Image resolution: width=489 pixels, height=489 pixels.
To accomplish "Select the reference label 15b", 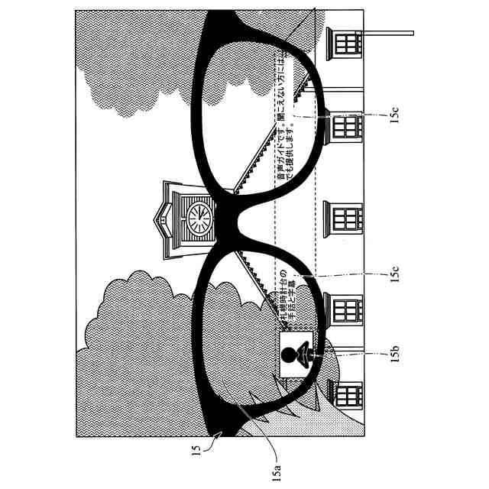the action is pos(395,355).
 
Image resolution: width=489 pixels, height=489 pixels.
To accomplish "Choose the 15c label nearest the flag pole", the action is pos(395,115).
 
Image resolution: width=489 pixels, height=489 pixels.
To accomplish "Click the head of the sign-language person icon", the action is pos(290,354).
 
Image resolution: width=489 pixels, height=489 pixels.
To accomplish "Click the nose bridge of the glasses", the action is pos(229,222).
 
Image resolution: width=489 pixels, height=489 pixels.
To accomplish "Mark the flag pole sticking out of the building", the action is pos(386,34).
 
